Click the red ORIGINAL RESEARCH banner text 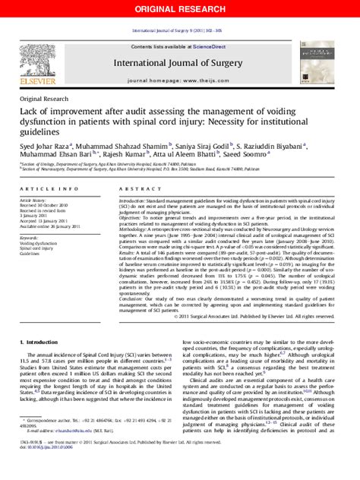[x=180, y=8]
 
